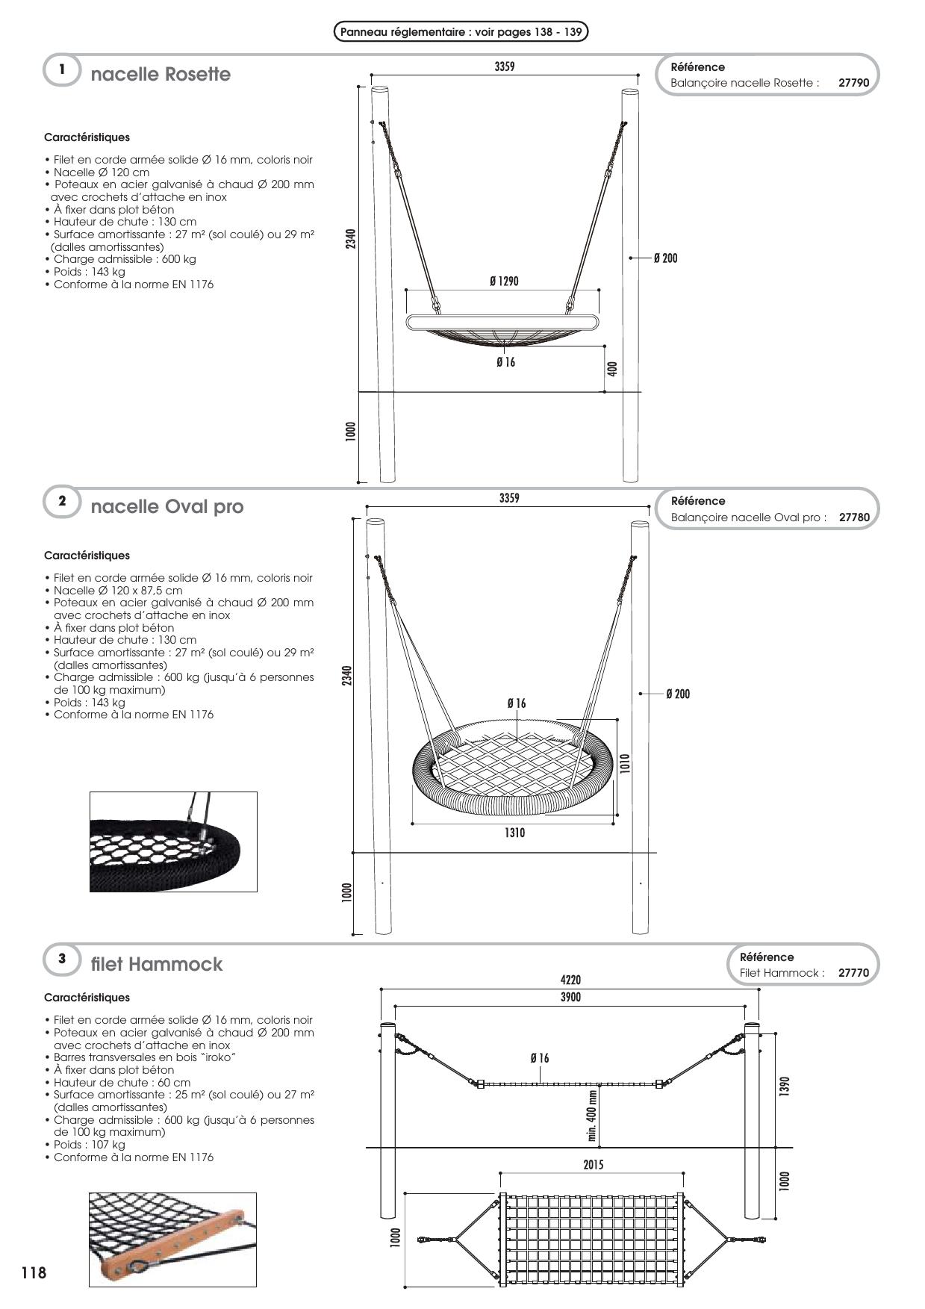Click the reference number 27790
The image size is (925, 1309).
[x=853, y=83]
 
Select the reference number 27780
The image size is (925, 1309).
[x=854, y=517]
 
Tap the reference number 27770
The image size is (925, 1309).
[x=853, y=973]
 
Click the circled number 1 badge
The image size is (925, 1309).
[x=62, y=70]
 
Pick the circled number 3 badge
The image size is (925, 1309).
[x=62, y=959]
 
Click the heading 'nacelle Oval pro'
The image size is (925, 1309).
[x=167, y=507]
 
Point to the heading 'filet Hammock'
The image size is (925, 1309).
[x=157, y=964]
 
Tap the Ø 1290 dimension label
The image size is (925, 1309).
[x=504, y=281]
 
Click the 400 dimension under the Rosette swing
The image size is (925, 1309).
[x=612, y=368]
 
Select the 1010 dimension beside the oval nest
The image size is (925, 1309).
[x=625, y=762]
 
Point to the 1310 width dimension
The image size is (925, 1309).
[x=514, y=833]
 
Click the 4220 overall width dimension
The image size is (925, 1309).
[x=570, y=980]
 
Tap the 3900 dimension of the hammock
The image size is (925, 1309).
[x=570, y=997]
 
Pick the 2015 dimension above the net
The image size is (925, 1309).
[x=594, y=1165]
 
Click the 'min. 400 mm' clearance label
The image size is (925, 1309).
[x=592, y=1116]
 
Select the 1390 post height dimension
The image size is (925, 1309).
[x=783, y=1086]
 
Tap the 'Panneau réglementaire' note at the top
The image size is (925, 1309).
[x=461, y=32]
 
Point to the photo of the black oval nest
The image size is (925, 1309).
[x=173, y=842]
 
